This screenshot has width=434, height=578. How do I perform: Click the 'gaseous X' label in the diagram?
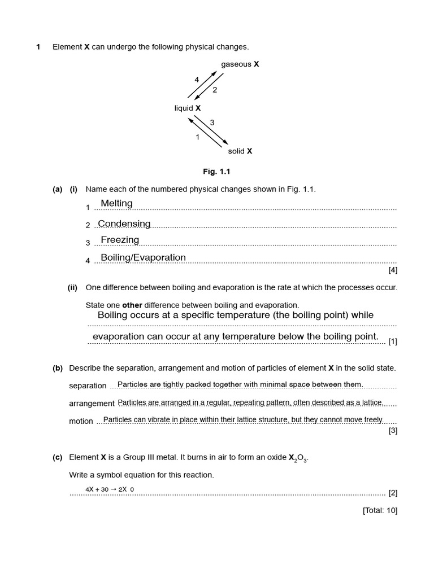coord(240,64)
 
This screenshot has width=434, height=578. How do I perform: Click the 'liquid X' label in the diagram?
coord(188,108)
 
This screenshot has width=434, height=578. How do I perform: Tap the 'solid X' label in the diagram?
coord(240,151)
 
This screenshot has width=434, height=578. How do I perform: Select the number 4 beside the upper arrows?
coord(197,80)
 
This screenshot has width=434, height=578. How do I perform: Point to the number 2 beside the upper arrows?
coord(215,90)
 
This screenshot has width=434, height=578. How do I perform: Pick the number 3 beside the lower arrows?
coord(212,122)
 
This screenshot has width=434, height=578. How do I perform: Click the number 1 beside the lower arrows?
coord(197,137)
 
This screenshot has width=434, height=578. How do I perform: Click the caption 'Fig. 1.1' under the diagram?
coord(216,172)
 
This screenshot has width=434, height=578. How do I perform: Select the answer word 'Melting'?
coord(116,203)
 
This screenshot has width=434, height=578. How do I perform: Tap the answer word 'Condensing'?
coord(124,224)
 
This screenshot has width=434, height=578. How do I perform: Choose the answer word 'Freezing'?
coord(120,240)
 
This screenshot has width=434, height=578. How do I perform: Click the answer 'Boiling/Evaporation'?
coord(143,257)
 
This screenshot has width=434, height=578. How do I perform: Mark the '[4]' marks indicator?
coord(393,270)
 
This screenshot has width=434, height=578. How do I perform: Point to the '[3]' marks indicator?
coord(393,431)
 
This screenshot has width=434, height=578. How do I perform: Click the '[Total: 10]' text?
coord(380,510)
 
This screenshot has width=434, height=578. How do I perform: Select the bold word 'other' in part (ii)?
coord(132,305)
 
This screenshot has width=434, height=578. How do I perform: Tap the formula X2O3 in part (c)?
coord(298,458)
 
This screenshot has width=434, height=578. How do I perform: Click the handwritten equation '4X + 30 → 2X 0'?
coord(110,489)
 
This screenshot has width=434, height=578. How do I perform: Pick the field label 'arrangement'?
coord(92,404)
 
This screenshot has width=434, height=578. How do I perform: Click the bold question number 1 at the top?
coord(38,47)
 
